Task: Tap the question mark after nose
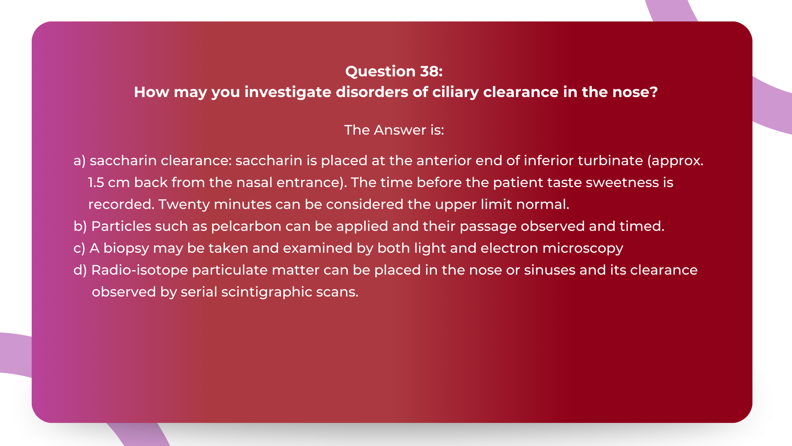coord(653,92)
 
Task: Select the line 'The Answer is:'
coord(394,130)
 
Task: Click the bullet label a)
coord(80,161)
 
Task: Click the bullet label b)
coord(80,226)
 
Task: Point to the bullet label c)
coord(79,248)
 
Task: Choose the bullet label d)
coord(80,270)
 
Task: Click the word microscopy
coord(582,249)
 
